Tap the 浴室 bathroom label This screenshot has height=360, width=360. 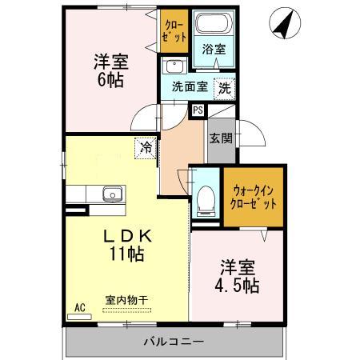tap(213, 50)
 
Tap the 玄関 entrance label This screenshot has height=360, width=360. tap(222, 138)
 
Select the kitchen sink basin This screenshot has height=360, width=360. tap(110, 194)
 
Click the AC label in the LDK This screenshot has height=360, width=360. tap(80, 306)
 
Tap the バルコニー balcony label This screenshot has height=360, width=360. tap(174, 342)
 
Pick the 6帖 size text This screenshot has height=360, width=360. tap(111, 81)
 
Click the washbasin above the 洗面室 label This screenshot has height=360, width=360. tap(174, 67)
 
